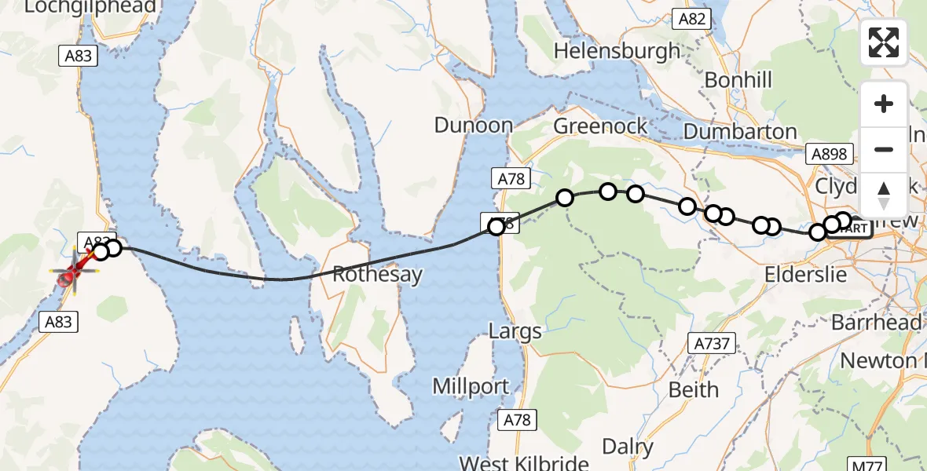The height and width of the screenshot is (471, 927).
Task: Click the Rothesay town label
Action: click(x=377, y=275)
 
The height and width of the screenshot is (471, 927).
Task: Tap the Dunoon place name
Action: click(x=474, y=126)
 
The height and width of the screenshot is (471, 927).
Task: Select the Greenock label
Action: click(x=601, y=126)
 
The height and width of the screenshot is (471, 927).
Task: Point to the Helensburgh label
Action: click(x=617, y=52)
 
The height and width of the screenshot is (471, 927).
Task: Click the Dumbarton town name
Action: click(x=740, y=132)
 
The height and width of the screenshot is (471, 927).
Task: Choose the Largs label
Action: click(x=515, y=330)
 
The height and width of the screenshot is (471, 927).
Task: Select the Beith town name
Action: click(x=693, y=389)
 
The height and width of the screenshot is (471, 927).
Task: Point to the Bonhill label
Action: click(x=738, y=80)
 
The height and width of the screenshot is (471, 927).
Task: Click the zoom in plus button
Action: click(x=884, y=104)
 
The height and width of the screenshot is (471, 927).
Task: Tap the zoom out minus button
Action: click(x=884, y=149)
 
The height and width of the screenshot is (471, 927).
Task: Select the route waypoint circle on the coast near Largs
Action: click(x=496, y=228)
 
